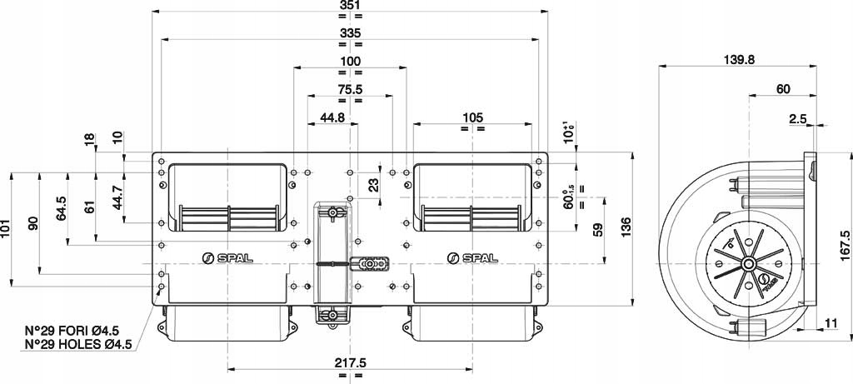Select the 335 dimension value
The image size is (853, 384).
coord(350,32)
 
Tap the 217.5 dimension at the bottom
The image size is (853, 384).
coord(351,362)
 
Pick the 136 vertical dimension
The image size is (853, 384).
coord(626,226)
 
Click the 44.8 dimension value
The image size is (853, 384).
coord(332,117)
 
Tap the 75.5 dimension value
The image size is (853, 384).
coord(350,89)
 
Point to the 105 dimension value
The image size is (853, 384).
coord(472,117)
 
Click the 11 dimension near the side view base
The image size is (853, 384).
coord(831,322)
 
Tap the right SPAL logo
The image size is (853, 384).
coord(472,257)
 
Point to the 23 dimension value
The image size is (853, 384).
coord(373,183)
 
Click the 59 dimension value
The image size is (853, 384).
coord(598,231)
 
